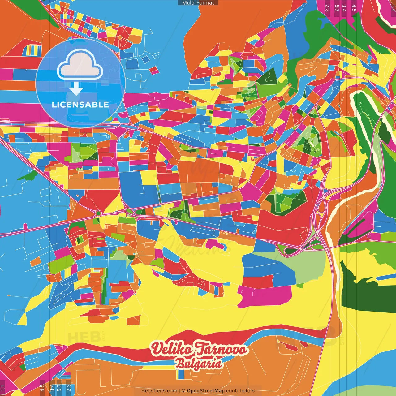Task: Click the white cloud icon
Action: pos(80,65)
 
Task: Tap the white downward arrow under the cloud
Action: pos(76,88)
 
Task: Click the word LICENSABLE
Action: pos(80,105)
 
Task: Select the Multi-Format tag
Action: pos(198,3)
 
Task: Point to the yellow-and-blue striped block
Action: pos(34,50)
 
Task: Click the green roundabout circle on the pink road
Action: pos(98,213)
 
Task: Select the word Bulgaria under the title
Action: pos(199,364)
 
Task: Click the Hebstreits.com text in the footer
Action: pos(159,391)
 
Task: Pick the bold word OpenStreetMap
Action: pos(206,391)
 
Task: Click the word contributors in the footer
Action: pos(240,391)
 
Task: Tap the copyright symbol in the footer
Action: pos(183,391)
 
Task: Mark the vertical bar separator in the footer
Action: pos(179,391)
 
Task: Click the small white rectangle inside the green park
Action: pos(316,150)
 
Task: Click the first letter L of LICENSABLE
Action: pos(54,105)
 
